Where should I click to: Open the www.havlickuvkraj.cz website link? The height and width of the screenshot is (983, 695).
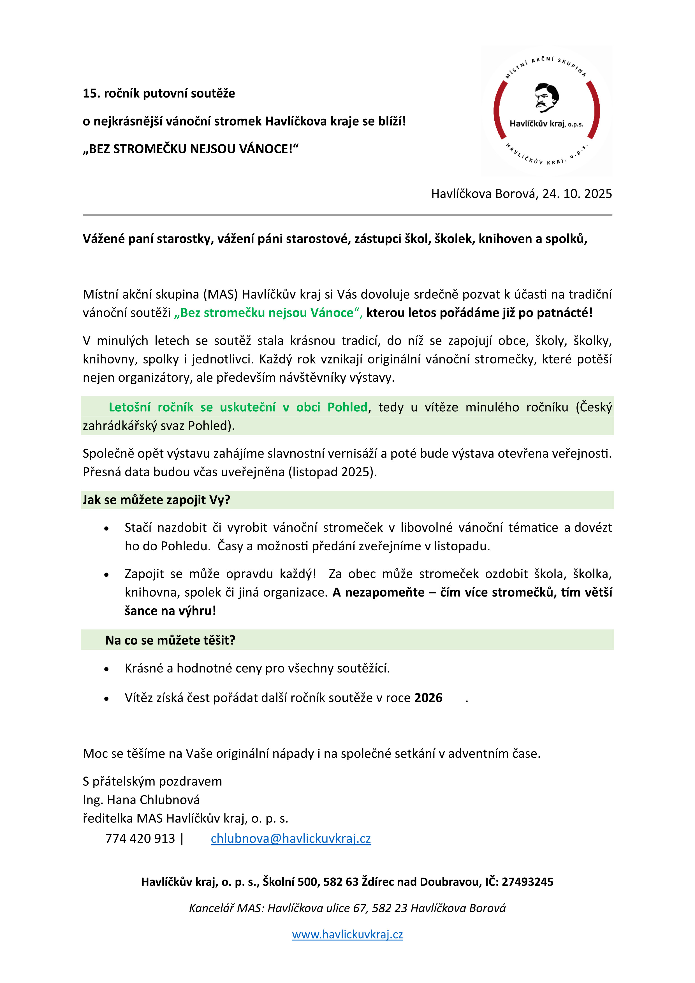(x=347, y=934)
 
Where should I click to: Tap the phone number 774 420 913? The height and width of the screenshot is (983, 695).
(x=140, y=838)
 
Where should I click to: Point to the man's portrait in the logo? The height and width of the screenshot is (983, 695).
(x=546, y=97)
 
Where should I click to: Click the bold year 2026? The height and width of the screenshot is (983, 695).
(x=428, y=698)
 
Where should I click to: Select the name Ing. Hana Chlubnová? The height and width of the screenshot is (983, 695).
(x=141, y=800)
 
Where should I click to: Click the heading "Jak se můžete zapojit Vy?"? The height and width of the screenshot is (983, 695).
(x=156, y=500)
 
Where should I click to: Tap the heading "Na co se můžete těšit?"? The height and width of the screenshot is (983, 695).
(x=170, y=640)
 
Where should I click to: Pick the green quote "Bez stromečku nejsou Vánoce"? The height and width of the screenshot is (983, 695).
(x=268, y=313)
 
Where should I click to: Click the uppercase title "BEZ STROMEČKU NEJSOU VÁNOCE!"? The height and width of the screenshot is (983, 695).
(x=191, y=149)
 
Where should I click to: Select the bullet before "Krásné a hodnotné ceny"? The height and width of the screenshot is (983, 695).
(x=106, y=669)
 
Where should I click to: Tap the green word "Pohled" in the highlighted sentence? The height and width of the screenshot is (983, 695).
(x=347, y=407)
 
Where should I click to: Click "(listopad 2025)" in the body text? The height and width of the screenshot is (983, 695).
(x=332, y=472)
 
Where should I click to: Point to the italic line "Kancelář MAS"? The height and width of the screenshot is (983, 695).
(x=347, y=908)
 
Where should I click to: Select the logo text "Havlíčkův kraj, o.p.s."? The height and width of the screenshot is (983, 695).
(x=546, y=124)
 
